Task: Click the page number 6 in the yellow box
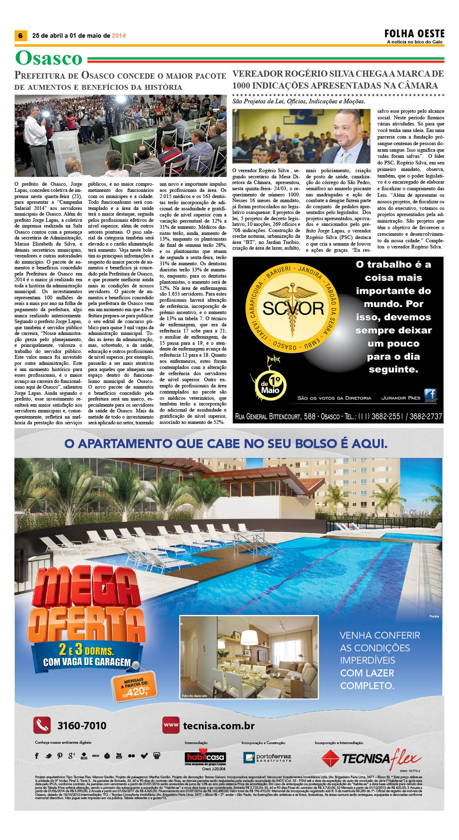tap(20, 36)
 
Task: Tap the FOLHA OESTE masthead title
tap(414, 33)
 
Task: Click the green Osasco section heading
tap(49, 58)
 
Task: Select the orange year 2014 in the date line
tap(119, 36)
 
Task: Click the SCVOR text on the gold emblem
tap(293, 308)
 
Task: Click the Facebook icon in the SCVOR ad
tap(430, 395)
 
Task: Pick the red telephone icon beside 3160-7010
tap(42, 726)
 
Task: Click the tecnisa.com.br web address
tap(218, 726)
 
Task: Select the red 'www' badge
tap(171, 725)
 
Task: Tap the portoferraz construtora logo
tap(267, 757)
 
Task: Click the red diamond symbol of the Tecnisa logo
tap(330, 758)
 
